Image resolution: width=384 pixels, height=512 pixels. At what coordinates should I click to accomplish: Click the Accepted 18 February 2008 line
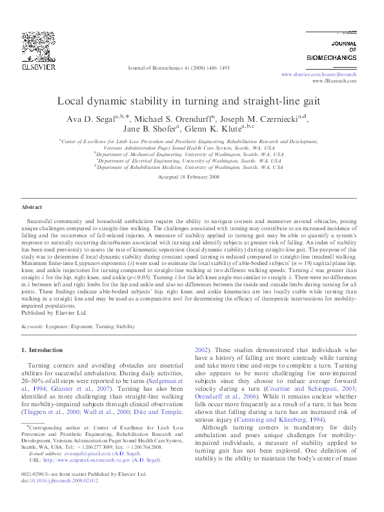pyautogui.click(x=192, y=176)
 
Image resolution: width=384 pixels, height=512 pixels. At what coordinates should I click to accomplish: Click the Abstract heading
pyautogui.click(x=32, y=207)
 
